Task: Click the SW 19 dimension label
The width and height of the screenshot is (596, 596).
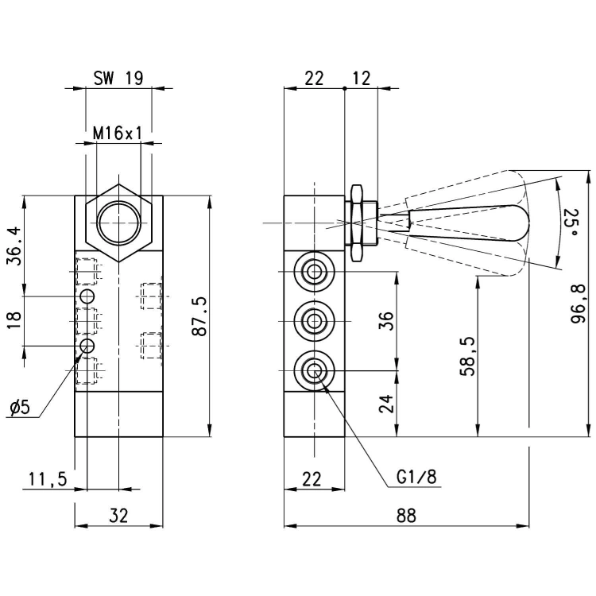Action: pos(118,79)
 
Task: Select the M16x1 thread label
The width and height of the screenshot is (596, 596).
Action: pos(118,134)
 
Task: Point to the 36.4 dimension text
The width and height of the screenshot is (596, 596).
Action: pos(15,246)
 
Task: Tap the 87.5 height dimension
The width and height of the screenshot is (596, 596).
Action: pos(199,316)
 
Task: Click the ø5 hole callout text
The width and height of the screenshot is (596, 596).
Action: pos(20,408)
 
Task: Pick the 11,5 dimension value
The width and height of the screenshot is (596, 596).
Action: pos(48,479)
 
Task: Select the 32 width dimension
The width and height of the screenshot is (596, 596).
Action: pos(118,516)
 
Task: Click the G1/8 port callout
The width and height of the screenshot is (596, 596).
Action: pos(416,477)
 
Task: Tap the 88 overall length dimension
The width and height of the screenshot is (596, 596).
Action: pos(406,516)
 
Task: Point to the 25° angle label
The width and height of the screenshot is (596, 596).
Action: pos(570,222)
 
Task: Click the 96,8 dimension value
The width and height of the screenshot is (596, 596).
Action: pos(579,304)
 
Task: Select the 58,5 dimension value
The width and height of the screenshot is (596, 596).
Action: pos(468,356)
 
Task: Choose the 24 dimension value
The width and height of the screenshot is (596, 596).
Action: pos(386,404)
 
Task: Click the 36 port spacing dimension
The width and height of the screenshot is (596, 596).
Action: pos(386,321)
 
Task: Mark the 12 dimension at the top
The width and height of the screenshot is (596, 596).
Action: pos(361,79)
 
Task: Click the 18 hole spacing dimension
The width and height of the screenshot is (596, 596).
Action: pos(15,321)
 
